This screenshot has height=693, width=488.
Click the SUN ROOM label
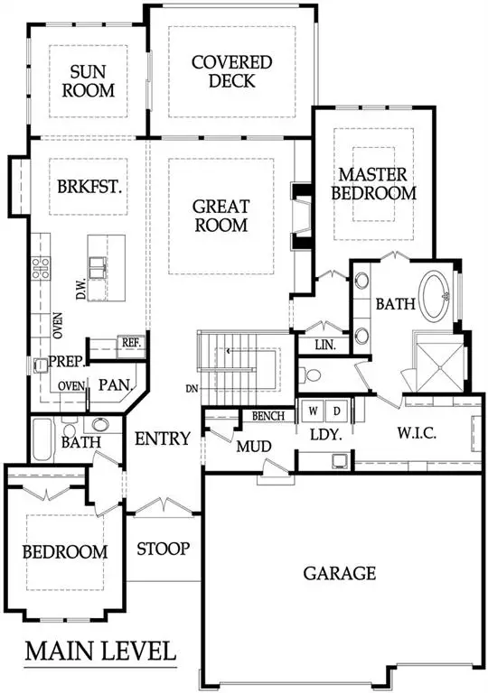pyautogui.click(x=93, y=81)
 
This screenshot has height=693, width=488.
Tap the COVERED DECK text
pyautogui.click(x=232, y=72)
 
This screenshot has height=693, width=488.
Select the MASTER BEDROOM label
pyautogui.click(x=373, y=183)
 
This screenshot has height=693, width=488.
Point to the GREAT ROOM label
pyautogui.click(x=221, y=216)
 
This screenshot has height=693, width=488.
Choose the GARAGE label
pyautogui.click(x=339, y=573)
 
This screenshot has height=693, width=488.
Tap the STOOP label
pyautogui.click(x=163, y=548)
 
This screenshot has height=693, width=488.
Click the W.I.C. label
pyautogui.click(x=418, y=434)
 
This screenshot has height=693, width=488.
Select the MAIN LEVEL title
pyautogui.click(x=100, y=651)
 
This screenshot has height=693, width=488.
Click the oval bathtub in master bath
pyautogui.click(x=441, y=295)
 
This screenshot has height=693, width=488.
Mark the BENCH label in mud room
pyautogui.click(x=269, y=416)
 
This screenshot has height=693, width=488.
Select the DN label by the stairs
pyautogui.click(x=192, y=389)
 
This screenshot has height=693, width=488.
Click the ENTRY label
pyautogui.click(x=163, y=439)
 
